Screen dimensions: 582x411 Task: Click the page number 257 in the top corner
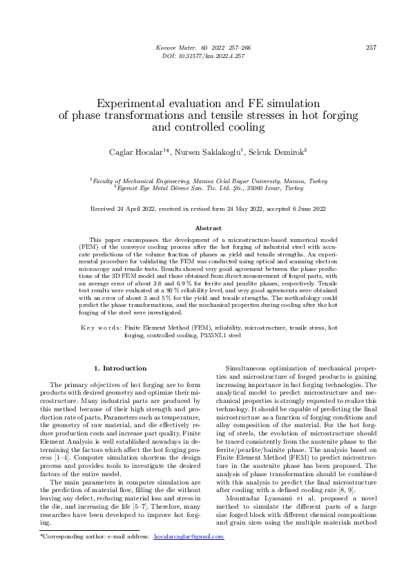point(370,47)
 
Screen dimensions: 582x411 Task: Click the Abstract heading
point(205,228)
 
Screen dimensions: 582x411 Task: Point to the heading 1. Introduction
point(120,368)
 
